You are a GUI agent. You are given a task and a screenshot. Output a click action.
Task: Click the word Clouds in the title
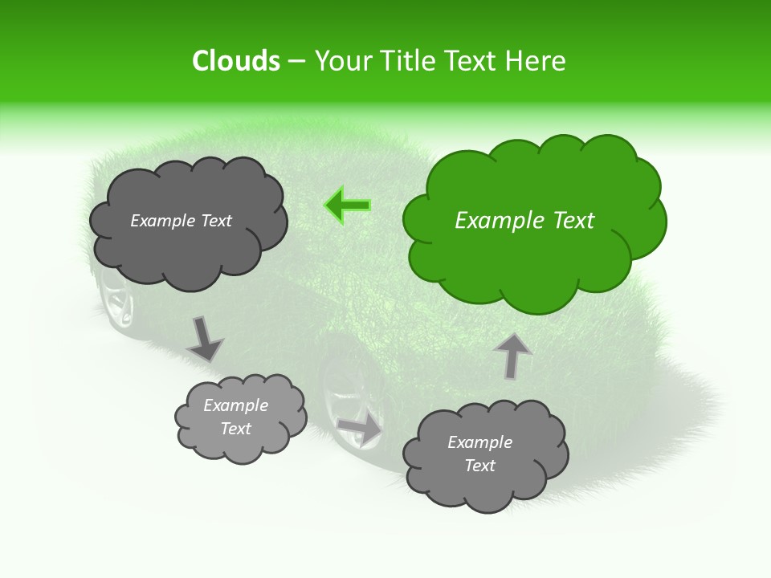[x=236, y=61]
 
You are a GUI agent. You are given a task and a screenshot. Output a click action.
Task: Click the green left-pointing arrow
[x=349, y=206]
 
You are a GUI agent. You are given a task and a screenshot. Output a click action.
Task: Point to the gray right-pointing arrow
[x=360, y=429]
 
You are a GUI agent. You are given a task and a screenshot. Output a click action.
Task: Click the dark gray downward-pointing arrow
[x=204, y=338]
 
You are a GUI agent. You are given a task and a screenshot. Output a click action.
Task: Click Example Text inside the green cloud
[x=524, y=221]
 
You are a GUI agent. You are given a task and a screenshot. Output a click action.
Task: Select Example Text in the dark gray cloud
[x=181, y=221]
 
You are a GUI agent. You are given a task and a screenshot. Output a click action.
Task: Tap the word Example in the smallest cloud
[x=235, y=405]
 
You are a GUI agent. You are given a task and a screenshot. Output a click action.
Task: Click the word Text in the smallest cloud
[x=235, y=429]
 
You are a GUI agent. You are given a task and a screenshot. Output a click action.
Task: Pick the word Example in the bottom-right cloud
[x=479, y=442]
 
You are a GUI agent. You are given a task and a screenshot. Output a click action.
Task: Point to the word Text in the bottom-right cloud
[x=479, y=466]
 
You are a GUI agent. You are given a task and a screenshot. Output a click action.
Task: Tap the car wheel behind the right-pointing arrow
[x=345, y=393]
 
